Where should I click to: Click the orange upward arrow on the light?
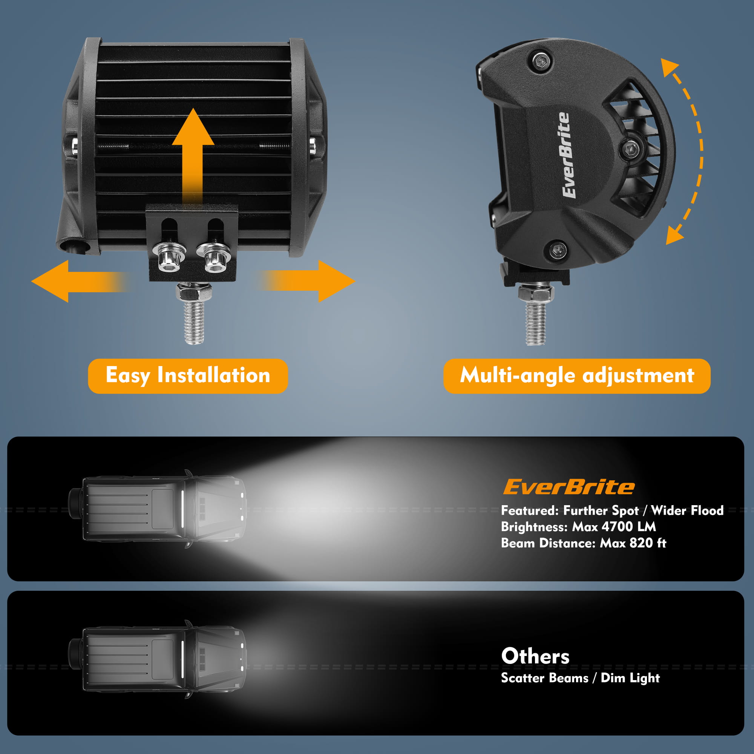click(193, 156)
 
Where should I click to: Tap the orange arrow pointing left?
click(80, 281)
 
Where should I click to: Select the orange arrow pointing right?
click(307, 281)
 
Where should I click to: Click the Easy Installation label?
click(188, 376)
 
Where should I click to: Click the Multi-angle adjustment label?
click(577, 376)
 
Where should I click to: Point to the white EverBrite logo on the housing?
click(566, 155)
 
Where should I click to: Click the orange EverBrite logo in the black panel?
click(569, 487)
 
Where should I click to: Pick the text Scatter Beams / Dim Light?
click(580, 678)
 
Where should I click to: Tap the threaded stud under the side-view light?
click(536, 315)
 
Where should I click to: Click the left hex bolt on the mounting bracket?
click(169, 257)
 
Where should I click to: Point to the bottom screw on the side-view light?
click(558, 249)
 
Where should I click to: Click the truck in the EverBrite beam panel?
click(157, 509)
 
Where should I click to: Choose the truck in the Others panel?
click(157, 659)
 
